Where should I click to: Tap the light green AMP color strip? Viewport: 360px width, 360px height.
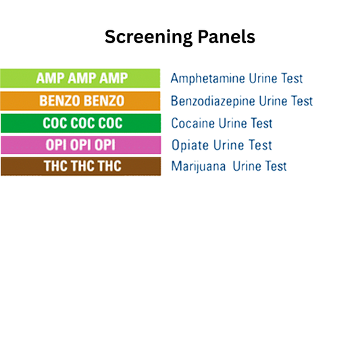coord(80,78)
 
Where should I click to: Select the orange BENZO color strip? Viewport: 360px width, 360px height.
coord(80,101)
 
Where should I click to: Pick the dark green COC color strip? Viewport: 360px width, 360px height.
coord(80,123)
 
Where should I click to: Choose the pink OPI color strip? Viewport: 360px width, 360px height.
coord(80,145)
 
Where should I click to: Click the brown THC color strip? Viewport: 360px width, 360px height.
coord(80,166)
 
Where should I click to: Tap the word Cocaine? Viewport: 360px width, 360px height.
coord(192,124)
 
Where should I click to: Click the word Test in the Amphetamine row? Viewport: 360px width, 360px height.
coord(290,79)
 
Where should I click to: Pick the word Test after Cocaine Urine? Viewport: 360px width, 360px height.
coord(259,124)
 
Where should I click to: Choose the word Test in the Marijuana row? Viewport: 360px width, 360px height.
coord(274,166)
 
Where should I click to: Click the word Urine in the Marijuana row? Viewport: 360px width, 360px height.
coord(247,166)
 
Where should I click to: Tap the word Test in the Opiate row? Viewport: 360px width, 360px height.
coord(259,145)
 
